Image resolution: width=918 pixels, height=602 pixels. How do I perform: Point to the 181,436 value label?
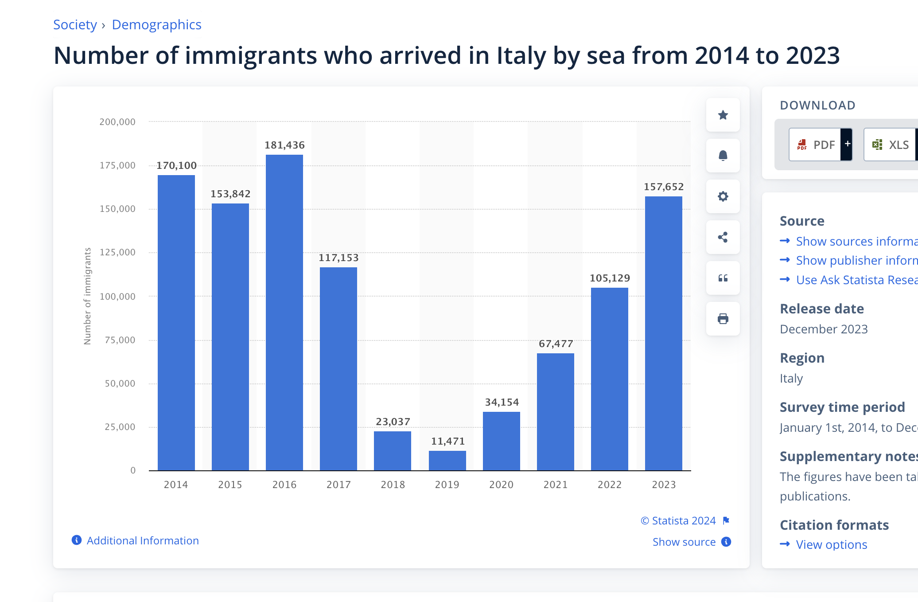pos(284,145)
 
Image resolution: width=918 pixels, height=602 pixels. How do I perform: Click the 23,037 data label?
pos(393,422)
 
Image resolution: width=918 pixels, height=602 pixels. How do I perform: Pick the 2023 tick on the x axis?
pos(664,485)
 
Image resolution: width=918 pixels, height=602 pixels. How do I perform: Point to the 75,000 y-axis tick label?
pos(120,340)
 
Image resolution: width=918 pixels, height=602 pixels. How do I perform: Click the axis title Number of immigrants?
pos(87,296)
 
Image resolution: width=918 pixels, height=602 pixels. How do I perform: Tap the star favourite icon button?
pos(723,115)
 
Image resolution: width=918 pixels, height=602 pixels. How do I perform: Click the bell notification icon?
pos(723,156)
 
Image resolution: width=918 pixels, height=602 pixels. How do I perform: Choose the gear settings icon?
pos(723,196)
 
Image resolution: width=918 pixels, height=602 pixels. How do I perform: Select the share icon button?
pos(723,237)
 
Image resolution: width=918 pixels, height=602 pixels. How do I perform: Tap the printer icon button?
pos(723,319)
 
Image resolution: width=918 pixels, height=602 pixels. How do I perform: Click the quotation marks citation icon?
pos(723,278)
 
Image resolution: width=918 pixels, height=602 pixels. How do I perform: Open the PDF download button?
pos(815,145)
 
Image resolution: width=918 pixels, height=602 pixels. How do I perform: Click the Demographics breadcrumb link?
pos(156,25)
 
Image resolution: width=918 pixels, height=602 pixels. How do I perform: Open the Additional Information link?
pos(142,540)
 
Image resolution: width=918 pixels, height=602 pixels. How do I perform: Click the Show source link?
pos(684,542)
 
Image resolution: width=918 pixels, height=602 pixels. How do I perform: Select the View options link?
pos(831,544)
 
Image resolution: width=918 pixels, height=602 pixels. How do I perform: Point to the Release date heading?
pos(821,309)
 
